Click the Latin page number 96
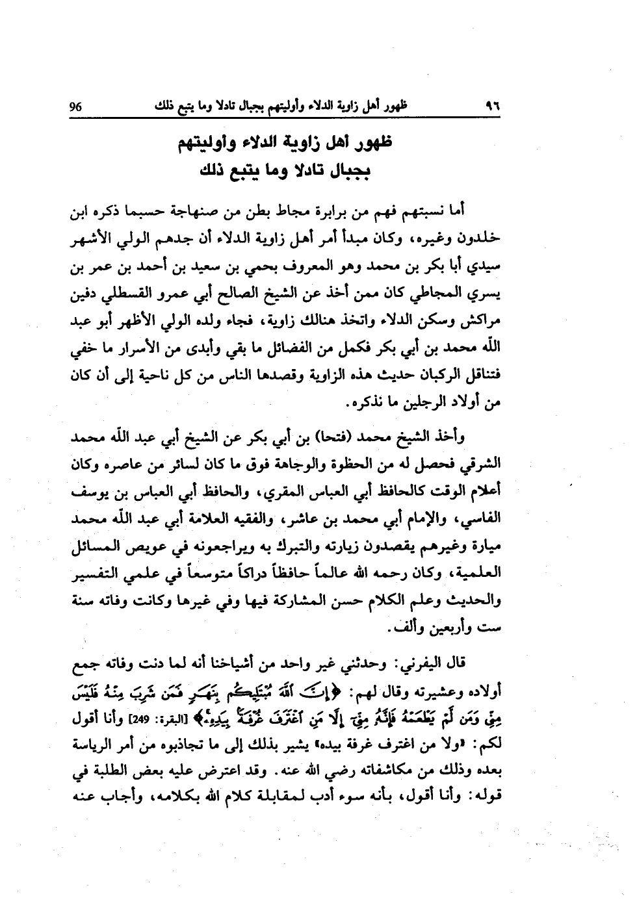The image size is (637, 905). click(76, 106)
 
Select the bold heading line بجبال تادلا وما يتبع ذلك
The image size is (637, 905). click(285, 172)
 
